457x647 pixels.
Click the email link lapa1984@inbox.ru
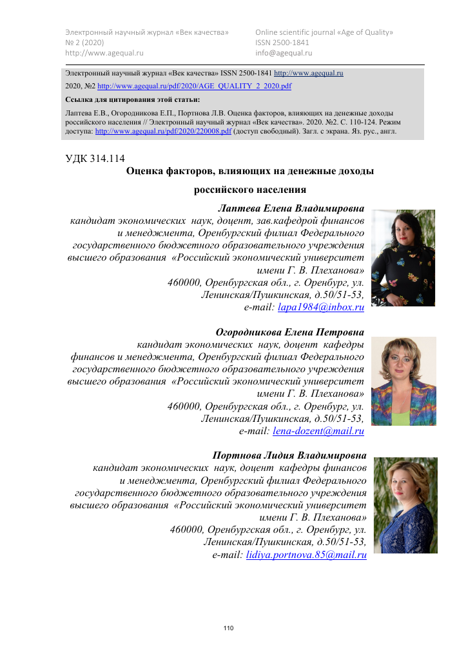(x=320, y=308)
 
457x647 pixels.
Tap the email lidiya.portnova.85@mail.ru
(x=306, y=555)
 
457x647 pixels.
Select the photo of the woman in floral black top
(x=406, y=257)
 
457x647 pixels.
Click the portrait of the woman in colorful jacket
(x=407, y=381)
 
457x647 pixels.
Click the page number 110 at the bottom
(x=228, y=628)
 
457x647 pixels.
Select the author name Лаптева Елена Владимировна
(x=291, y=208)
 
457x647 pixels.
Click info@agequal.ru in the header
(x=284, y=53)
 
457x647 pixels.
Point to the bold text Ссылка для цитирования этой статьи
(x=133, y=99)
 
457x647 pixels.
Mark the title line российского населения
(x=249, y=190)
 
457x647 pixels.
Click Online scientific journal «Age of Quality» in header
(x=324, y=32)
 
